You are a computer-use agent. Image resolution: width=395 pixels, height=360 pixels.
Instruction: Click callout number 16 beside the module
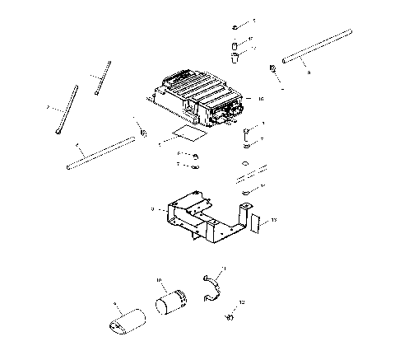260,99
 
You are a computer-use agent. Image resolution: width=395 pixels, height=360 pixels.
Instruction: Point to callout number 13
275,220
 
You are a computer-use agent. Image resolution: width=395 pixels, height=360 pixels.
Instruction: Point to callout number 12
241,303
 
